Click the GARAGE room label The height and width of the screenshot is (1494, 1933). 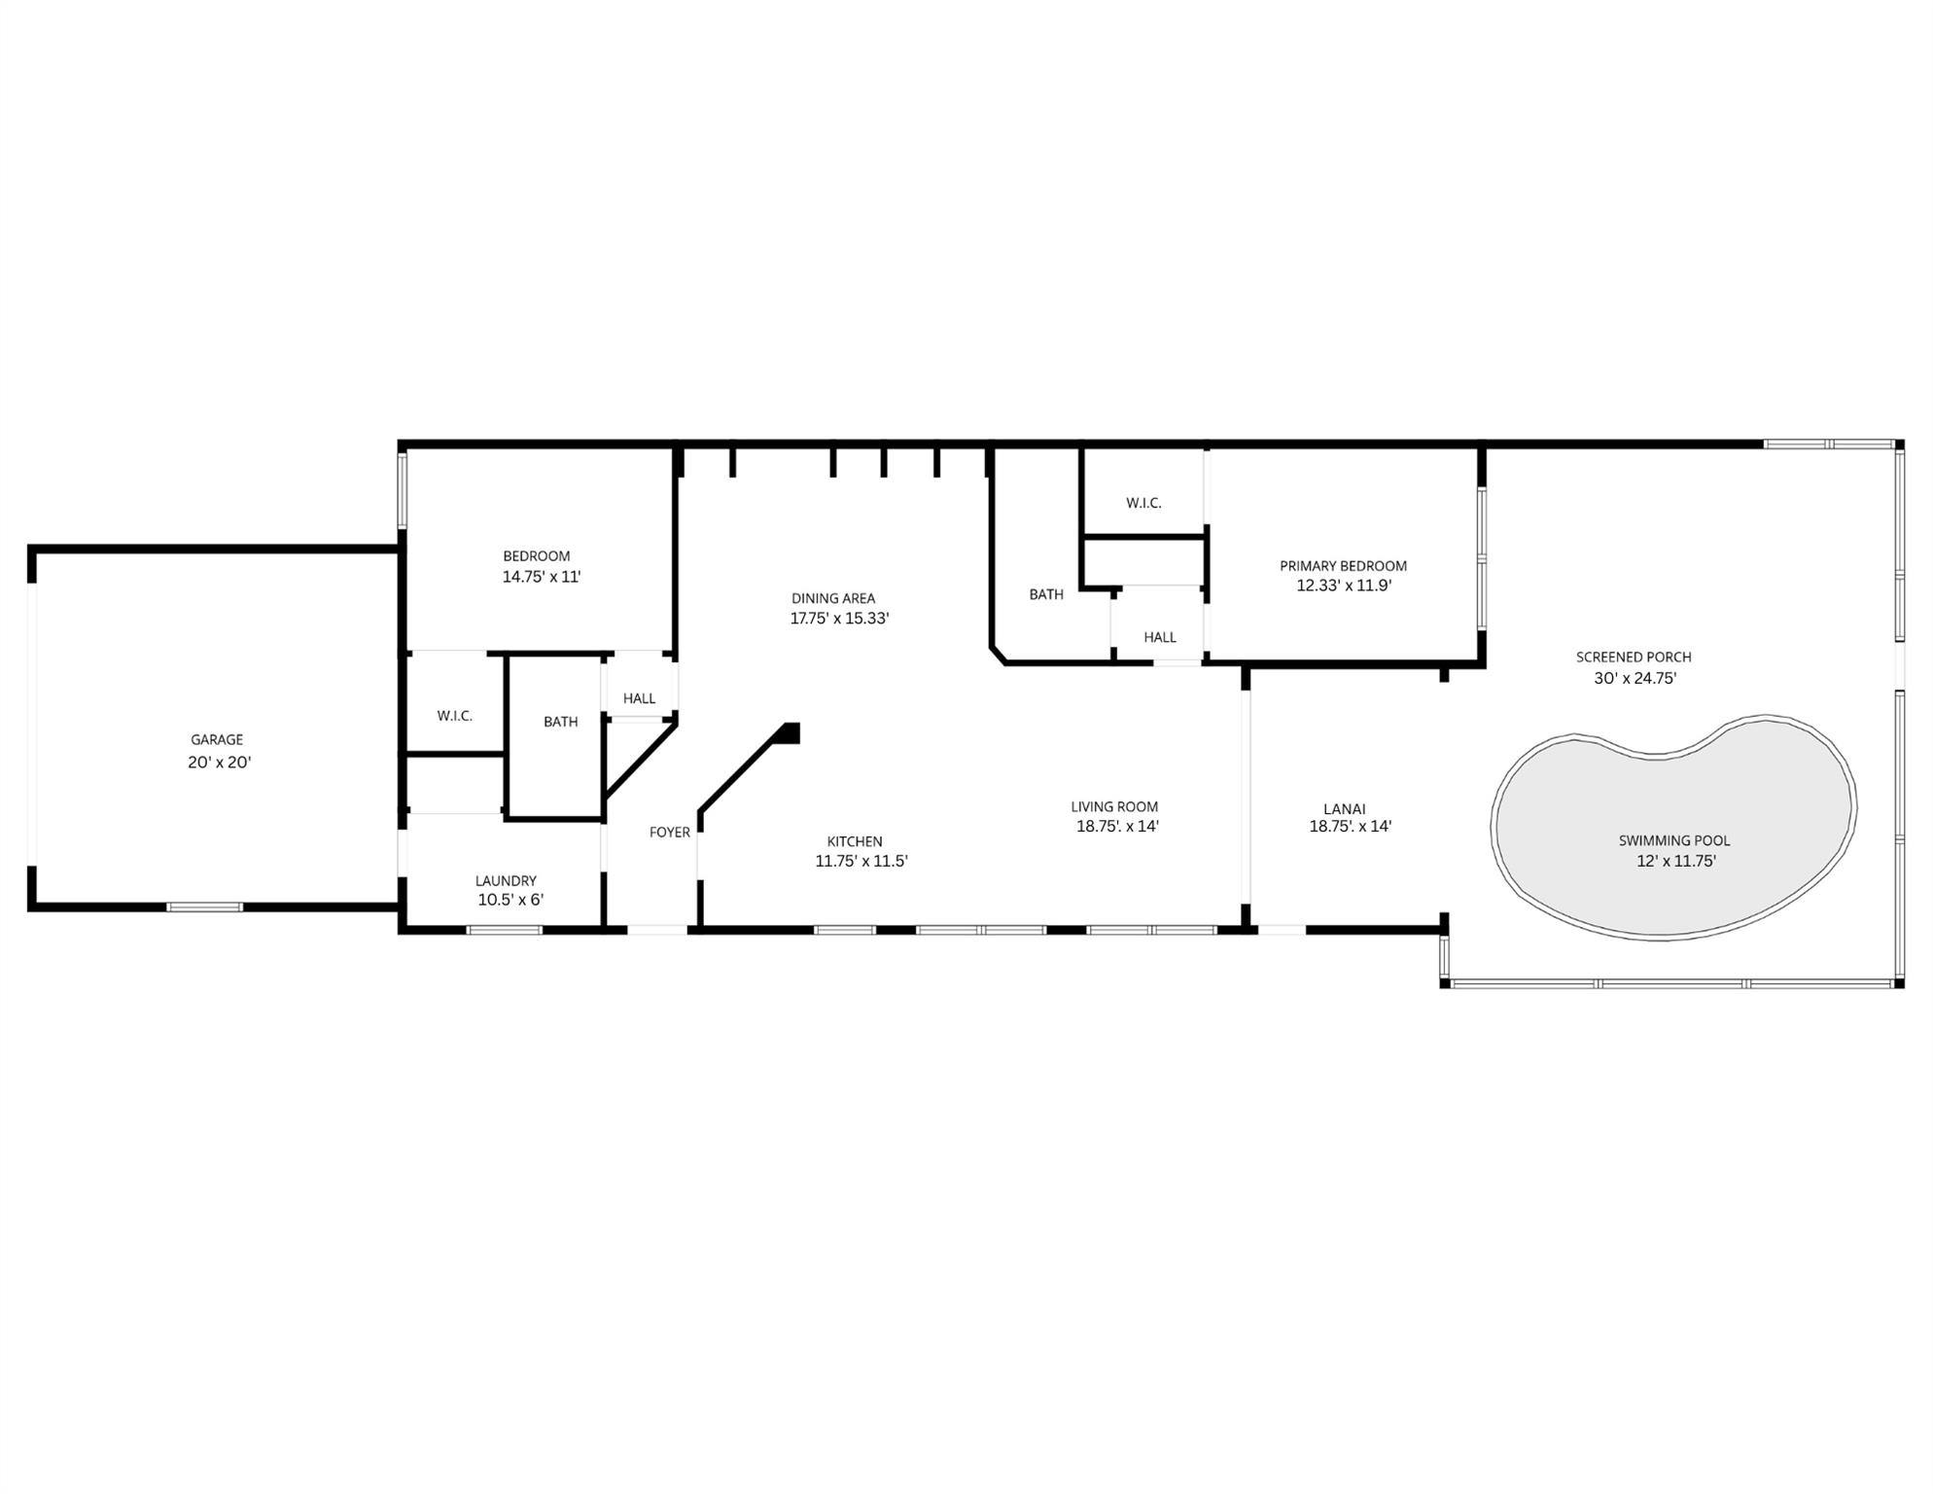click(x=217, y=740)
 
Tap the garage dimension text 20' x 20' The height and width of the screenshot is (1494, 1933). click(x=220, y=763)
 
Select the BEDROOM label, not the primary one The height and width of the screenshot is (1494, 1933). click(x=536, y=556)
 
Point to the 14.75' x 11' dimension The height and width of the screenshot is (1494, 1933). click(x=542, y=577)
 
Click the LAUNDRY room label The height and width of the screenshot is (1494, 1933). click(x=506, y=881)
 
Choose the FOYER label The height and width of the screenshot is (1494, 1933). click(x=670, y=833)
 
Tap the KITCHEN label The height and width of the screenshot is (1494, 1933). click(x=855, y=841)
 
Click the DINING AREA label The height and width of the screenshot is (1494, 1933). click(x=833, y=598)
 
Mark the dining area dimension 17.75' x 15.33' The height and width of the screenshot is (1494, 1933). click(x=839, y=619)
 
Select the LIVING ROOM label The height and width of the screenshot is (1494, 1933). click(x=1114, y=806)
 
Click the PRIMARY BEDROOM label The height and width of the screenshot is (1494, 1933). click(x=1343, y=566)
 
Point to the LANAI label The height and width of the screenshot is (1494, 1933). click(x=1345, y=809)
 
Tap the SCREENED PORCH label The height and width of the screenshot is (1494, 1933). click(x=1634, y=658)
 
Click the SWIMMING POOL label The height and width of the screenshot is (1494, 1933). click(x=1674, y=840)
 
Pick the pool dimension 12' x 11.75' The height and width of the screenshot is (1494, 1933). click(x=1676, y=861)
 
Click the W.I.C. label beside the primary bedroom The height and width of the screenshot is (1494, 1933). click(x=1143, y=503)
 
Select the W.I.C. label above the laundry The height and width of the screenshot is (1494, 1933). click(x=454, y=716)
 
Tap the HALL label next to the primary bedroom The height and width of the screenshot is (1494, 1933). click(x=1160, y=637)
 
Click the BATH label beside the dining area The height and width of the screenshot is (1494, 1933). click(x=1046, y=594)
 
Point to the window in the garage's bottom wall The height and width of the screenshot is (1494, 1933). click(x=204, y=907)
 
